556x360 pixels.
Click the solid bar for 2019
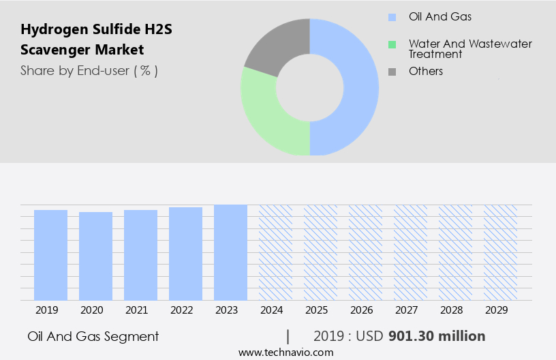(50, 255)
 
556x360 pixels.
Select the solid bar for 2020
(95, 256)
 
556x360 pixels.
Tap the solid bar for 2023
(230, 252)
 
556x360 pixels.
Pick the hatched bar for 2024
(275, 252)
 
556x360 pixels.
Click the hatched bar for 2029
(499, 252)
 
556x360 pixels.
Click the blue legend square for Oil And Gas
(392, 17)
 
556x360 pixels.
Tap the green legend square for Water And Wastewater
(392, 45)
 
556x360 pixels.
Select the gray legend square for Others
(392, 71)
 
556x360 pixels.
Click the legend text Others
(425, 71)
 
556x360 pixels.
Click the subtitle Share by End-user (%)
(89, 70)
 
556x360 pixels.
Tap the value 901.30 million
(437, 336)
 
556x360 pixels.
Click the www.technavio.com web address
(285, 352)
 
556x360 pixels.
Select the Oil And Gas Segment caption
(93, 336)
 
